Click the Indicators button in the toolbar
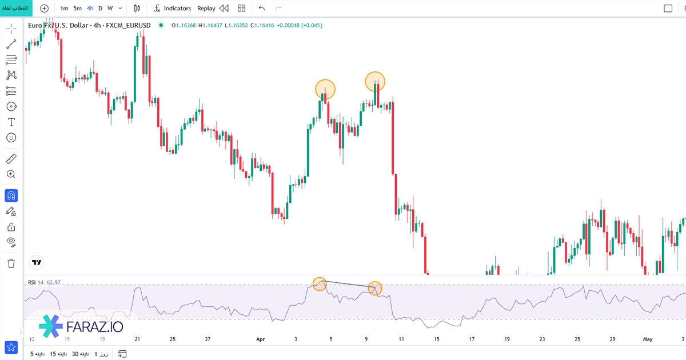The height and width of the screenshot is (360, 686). (173, 9)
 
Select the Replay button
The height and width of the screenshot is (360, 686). (206, 9)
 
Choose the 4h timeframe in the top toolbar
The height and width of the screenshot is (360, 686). (90, 9)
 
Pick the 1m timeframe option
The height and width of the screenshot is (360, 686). (64, 9)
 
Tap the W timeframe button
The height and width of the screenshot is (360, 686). (110, 9)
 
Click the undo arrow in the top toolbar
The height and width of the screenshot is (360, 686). (262, 9)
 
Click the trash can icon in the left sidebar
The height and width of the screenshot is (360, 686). (11, 263)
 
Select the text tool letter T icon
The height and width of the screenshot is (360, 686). (11, 122)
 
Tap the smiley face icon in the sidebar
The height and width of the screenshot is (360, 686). (11, 138)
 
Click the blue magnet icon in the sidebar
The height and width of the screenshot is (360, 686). (11, 196)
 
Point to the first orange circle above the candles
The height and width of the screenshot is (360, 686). (325, 89)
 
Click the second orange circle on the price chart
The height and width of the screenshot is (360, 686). (375, 81)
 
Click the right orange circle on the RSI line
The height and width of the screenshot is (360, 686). (374, 289)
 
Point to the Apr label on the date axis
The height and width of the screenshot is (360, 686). (261, 339)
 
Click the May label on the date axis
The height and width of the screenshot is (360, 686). (648, 339)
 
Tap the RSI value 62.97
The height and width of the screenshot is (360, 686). (54, 282)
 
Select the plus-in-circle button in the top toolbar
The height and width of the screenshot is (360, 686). (44, 9)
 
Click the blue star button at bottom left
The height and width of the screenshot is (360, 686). (11, 347)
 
